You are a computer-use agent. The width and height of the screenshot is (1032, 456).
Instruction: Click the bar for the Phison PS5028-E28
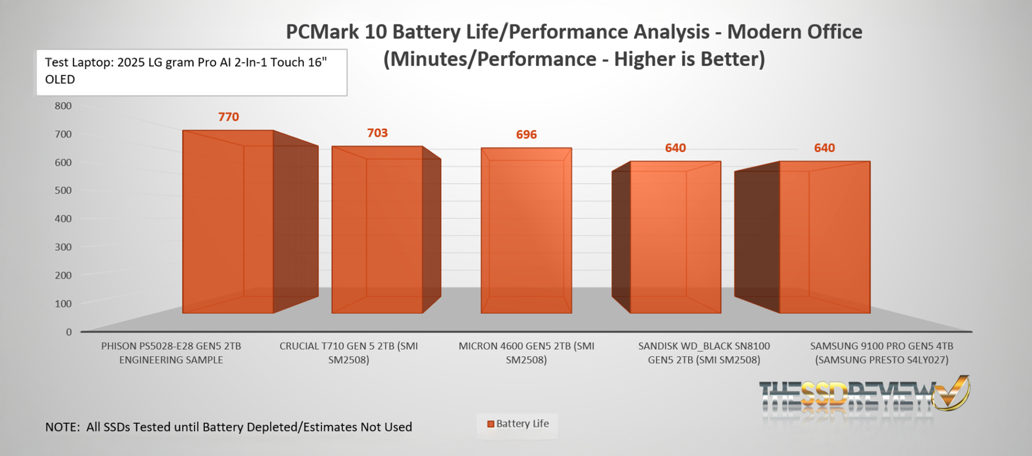tap(228, 221)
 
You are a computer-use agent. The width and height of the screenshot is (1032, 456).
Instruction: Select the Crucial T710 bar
tap(377, 230)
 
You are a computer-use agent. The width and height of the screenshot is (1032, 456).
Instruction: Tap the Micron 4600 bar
tap(526, 231)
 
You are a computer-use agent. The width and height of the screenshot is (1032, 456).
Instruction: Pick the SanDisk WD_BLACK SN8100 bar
tap(675, 237)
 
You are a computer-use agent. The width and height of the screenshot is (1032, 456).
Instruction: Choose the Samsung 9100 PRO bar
tap(824, 237)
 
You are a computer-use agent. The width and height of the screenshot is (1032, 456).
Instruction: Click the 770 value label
tap(228, 117)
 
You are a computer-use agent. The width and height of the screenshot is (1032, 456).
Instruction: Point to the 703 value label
tap(377, 133)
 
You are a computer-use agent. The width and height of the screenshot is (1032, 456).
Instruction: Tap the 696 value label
tap(526, 134)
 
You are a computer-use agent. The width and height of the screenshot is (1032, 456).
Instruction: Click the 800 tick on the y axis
tap(63, 106)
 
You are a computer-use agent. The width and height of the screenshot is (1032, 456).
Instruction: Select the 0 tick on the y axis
tap(69, 332)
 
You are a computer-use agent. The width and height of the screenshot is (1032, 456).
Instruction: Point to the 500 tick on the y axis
tap(63, 190)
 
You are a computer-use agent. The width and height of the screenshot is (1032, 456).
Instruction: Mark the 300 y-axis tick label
tap(63, 247)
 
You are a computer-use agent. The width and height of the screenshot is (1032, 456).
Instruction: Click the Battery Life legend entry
tap(518, 424)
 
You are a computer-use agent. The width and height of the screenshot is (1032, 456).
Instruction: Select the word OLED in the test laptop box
tap(60, 80)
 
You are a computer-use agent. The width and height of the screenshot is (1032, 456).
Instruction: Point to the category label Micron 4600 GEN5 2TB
tap(526, 353)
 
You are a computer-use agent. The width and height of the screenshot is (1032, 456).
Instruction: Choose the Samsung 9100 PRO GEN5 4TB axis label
tap(881, 353)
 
